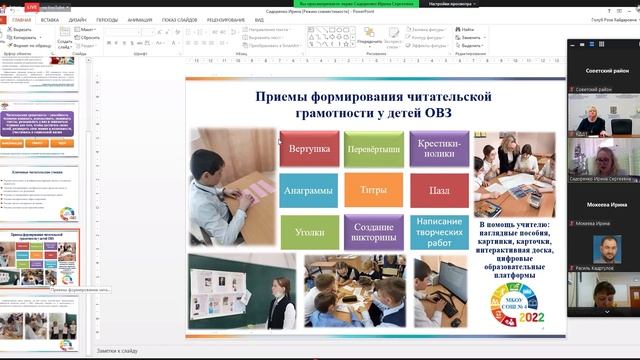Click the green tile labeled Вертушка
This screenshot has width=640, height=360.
click(309, 149)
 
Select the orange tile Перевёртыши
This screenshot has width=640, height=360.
click(374, 149)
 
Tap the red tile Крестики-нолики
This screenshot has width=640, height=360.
click(438, 149)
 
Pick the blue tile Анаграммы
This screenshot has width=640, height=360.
click(309, 190)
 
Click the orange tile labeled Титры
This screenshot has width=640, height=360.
click(374, 190)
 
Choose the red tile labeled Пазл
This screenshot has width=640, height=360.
click(438, 190)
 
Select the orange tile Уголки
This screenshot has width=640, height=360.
click(309, 231)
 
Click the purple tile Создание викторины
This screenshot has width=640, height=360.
click(374, 231)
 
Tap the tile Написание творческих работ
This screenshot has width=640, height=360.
click(438, 231)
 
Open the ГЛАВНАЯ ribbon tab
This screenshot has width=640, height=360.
click(21, 19)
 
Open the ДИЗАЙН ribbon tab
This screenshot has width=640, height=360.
click(78, 19)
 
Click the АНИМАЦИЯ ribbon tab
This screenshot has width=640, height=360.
click(140, 19)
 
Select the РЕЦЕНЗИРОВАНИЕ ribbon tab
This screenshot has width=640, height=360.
click(226, 19)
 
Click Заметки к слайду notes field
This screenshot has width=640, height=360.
click(118, 351)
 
